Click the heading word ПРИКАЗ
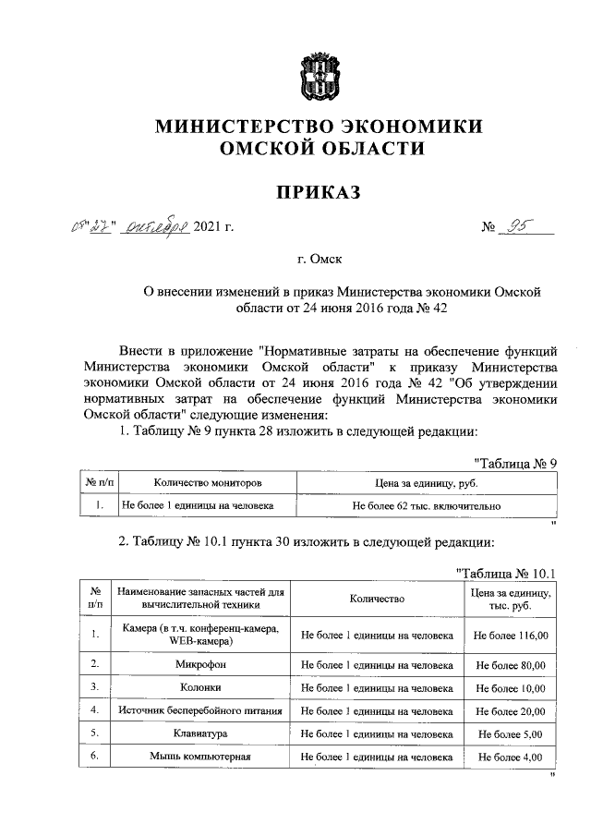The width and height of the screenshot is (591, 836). coord(317,191)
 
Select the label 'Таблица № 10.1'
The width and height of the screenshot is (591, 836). coord(509,574)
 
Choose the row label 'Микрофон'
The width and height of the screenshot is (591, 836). coord(200,664)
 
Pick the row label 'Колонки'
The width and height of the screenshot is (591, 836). coord(200,687)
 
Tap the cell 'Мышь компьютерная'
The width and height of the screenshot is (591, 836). coord(200,757)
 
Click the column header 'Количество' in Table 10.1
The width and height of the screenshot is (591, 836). coord(377,599)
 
